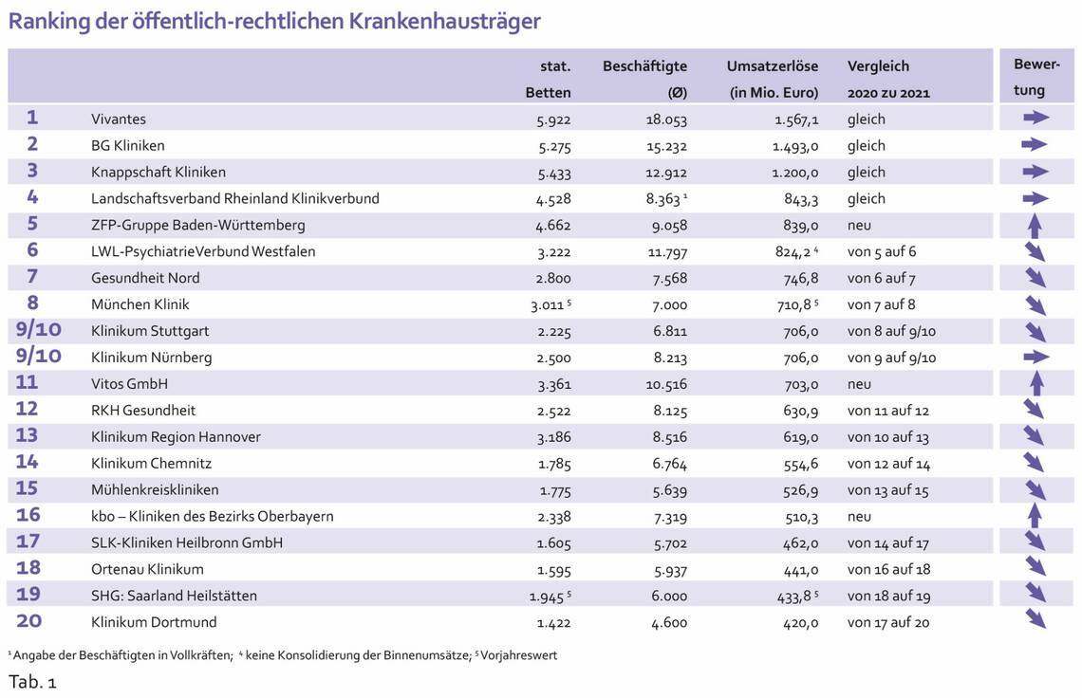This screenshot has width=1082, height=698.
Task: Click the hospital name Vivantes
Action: pos(119,119)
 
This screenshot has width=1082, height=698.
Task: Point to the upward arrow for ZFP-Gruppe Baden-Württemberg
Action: pos(1035,226)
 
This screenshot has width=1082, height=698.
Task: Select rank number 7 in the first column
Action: pos(32,278)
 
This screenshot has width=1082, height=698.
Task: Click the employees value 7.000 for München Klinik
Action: pos(667,304)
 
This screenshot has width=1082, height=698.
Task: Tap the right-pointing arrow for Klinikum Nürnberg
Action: pos(1035,357)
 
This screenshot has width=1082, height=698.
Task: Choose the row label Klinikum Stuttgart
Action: pos(150,331)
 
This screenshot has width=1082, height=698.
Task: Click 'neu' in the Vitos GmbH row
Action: pos(859,384)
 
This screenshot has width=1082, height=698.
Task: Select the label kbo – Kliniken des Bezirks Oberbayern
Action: pos(213,517)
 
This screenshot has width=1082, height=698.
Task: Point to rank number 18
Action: pos(29,569)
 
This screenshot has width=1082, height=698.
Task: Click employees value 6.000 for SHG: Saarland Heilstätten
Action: pos(667,596)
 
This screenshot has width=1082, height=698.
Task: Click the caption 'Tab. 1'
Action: pos(32,683)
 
